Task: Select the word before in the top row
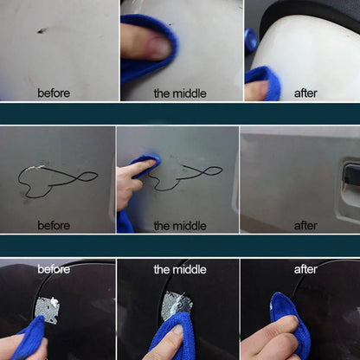pyautogui.click(x=54, y=93)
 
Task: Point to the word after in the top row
pyautogui.click(x=305, y=93)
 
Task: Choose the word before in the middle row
pyautogui.click(x=54, y=225)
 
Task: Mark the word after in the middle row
pyautogui.click(x=305, y=225)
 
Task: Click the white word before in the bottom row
pyautogui.click(x=54, y=270)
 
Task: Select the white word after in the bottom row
pyautogui.click(x=305, y=270)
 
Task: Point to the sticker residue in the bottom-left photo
pyautogui.click(x=50, y=308)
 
